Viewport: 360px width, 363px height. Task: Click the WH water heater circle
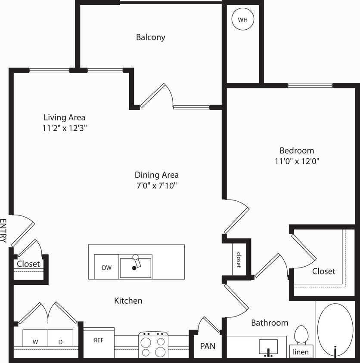[x=243, y=19]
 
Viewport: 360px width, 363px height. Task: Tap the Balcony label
[x=150, y=37]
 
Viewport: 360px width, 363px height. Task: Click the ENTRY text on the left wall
[x=4, y=231]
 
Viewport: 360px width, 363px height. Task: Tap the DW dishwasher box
[x=106, y=267]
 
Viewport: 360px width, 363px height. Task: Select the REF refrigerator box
[x=99, y=340]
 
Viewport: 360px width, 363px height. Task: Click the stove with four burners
[x=153, y=345]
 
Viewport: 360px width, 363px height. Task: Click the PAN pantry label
[x=208, y=346]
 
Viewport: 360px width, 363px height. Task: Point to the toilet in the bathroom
[x=301, y=334]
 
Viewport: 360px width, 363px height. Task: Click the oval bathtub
[x=335, y=330]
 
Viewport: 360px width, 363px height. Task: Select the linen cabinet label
[x=301, y=352]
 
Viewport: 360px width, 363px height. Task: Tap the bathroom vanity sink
[x=268, y=347]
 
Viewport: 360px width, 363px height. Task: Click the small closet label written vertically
[x=238, y=259]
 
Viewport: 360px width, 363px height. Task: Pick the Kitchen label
[x=128, y=301]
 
